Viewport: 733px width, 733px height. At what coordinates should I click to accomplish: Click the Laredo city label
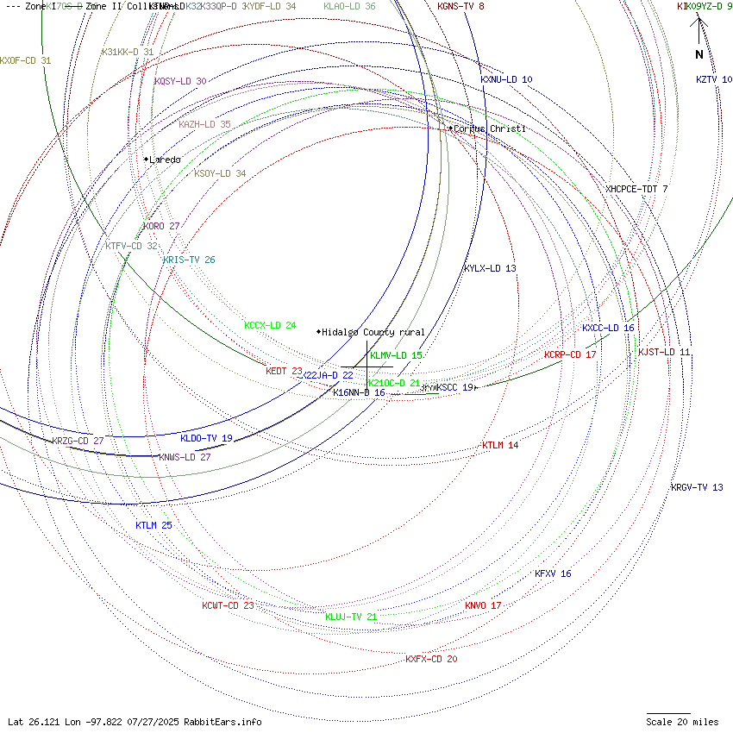point(165,160)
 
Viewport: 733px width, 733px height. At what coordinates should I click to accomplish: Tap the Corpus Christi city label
point(489,128)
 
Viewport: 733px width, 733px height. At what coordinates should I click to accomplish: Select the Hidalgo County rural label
point(373,332)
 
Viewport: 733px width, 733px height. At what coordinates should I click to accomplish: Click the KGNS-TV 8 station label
point(460,6)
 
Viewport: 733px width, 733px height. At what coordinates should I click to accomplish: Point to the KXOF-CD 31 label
point(25,60)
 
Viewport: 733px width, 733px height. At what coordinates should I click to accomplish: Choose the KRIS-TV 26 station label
point(189,260)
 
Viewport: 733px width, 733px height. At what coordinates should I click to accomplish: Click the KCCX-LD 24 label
point(270,325)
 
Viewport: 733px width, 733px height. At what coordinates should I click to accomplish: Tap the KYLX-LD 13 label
point(490,268)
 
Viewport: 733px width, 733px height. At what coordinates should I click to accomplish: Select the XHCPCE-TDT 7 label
point(636,189)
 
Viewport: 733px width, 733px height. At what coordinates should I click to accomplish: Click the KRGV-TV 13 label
point(697,487)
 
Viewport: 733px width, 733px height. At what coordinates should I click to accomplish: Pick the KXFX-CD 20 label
point(431,659)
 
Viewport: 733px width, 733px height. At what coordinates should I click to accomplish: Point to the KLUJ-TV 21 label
point(351,617)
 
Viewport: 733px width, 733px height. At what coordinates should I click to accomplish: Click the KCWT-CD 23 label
point(228,605)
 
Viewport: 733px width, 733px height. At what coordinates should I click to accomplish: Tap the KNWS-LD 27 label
point(185,457)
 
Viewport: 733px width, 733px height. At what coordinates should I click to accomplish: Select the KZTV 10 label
point(714,79)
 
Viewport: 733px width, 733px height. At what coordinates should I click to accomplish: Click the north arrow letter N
point(699,54)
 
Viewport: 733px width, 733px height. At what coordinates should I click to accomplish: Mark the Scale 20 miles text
point(682,722)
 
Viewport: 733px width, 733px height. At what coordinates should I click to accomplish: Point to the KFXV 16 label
point(553,573)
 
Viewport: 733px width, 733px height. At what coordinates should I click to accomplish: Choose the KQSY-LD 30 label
point(180,81)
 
